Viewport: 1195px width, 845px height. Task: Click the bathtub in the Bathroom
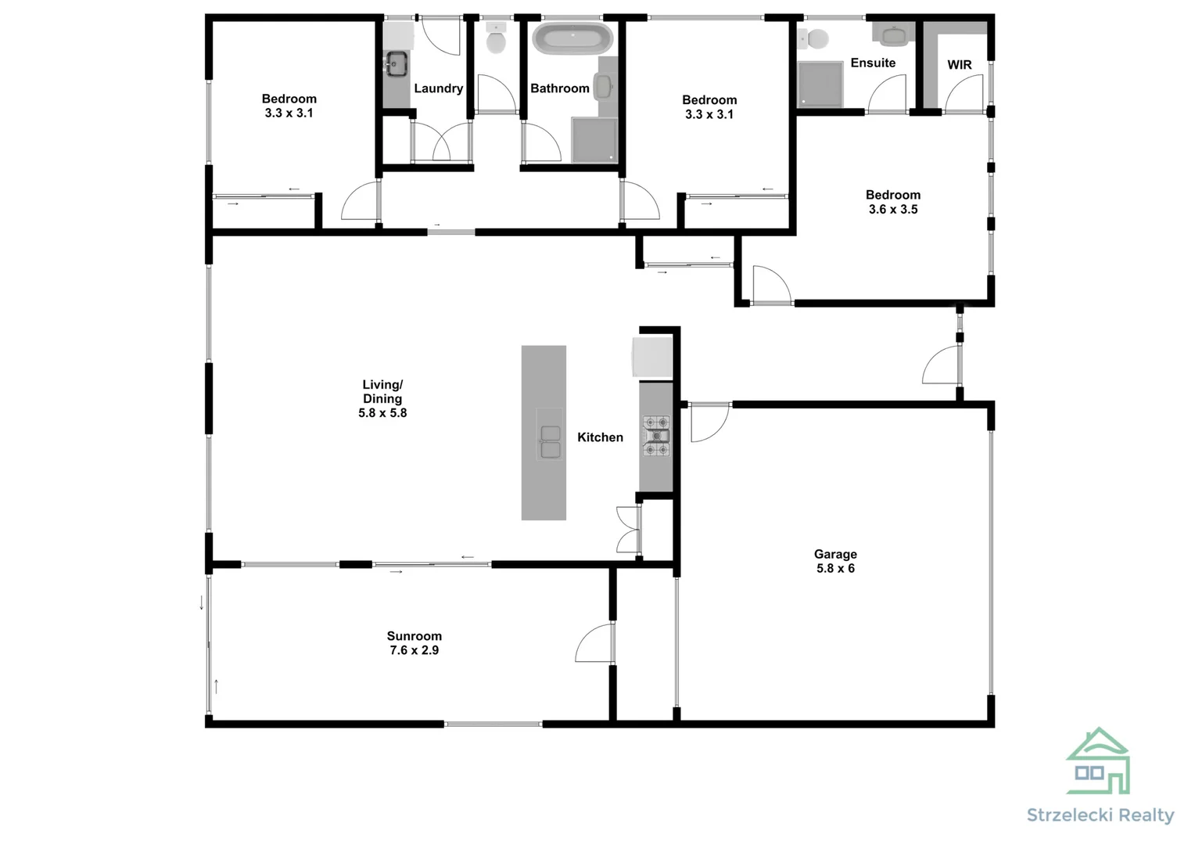tap(572, 38)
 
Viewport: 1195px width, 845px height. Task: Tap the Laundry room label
tap(438, 88)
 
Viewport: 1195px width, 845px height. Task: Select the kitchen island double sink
tap(550, 441)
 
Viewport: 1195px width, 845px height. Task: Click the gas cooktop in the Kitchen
tap(656, 436)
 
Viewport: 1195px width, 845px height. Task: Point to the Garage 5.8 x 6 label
tap(835, 561)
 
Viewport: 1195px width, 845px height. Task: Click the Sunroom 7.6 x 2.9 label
tap(414, 643)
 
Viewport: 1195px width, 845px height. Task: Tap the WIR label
tap(959, 65)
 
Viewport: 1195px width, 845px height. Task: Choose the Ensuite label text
tap(873, 63)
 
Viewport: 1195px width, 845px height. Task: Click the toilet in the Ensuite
tap(816, 38)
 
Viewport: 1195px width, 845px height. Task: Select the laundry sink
tap(397, 63)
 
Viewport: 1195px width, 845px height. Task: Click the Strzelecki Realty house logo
tap(1098, 761)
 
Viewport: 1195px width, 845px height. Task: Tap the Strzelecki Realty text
tap(1100, 815)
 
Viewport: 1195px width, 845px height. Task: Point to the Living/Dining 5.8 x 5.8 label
tap(382, 398)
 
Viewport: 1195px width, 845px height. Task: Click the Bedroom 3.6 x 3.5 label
tap(892, 202)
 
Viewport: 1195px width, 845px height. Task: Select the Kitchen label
tap(600, 437)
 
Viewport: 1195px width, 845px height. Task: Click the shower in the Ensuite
tap(820, 84)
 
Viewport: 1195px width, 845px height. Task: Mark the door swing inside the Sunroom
tap(594, 644)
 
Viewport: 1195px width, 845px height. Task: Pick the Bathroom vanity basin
tap(605, 84)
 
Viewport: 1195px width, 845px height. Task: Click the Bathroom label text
tap(559, 88)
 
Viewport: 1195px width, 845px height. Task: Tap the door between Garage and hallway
tap(709, 422)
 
